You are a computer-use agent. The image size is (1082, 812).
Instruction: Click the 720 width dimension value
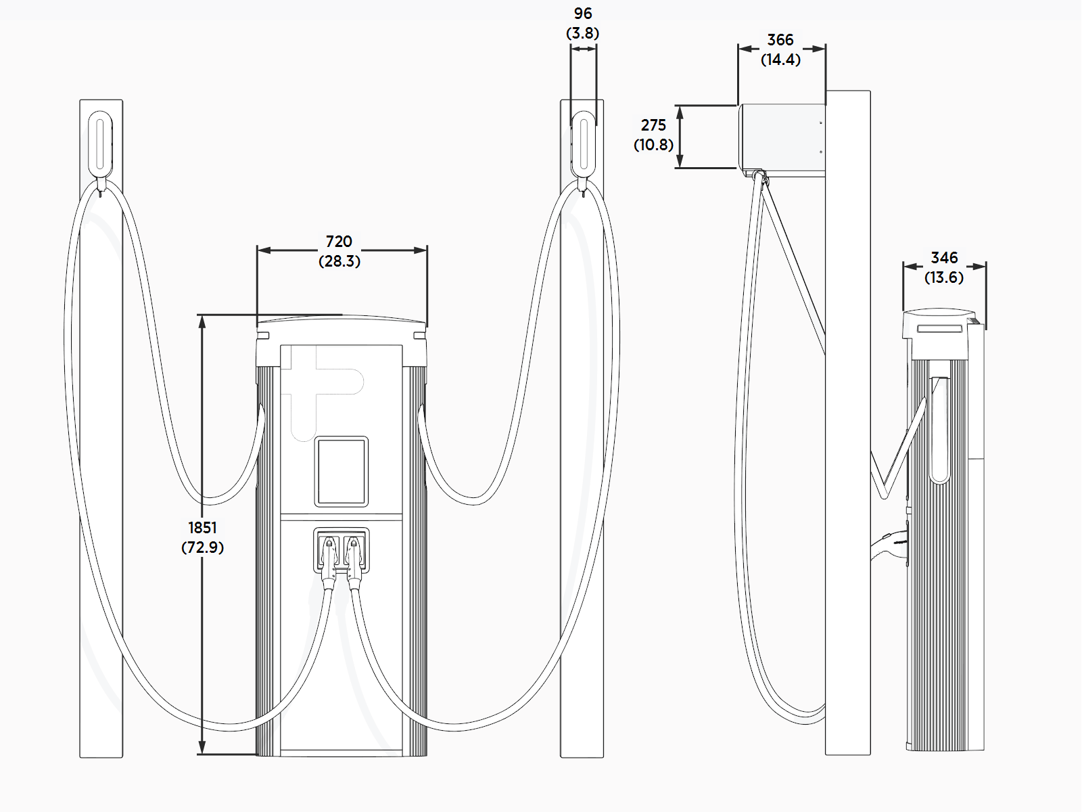coord(339,242)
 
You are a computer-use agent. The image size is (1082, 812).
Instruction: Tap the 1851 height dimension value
coord(202,528)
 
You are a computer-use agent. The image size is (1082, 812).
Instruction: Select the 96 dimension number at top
coord(583,14)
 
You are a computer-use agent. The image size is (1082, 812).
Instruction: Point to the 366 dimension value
coord(780,40)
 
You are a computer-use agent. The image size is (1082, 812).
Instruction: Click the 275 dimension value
coord(653,125)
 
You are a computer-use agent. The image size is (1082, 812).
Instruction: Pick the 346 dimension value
coord(944,258)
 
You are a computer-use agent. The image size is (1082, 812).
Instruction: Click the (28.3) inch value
coord(339,261)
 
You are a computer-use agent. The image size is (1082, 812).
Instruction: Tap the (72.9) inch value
coord(202,547)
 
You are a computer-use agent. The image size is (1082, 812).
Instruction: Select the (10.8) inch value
coord(653,144)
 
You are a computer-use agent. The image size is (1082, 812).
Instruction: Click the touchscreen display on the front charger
coord(342,472)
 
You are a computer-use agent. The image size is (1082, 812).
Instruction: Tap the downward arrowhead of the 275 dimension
coord(680,162)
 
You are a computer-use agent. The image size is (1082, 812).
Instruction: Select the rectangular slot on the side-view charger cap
coord(940,329)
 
